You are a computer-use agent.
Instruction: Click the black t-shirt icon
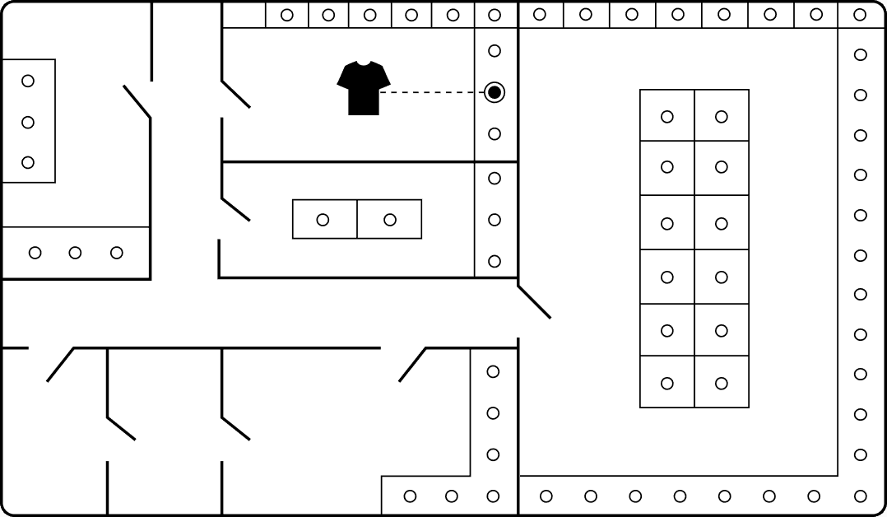[364, 89]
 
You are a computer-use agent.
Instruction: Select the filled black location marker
[495, 92]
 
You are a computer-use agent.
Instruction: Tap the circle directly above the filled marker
[495, 51]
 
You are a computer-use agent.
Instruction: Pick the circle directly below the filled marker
[495, 133]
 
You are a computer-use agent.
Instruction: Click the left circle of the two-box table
[323, 220]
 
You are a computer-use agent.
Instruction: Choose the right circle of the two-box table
[390, 220]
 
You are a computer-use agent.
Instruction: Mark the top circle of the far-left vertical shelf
[28, 81]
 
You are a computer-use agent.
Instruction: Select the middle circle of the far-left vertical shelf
[28, 123]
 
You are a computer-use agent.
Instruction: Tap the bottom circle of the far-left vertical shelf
[28, 162]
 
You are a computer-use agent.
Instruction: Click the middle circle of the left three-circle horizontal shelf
[75, 253]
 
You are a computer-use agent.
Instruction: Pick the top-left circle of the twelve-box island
[667, 117]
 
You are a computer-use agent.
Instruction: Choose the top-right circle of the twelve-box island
[722, 117]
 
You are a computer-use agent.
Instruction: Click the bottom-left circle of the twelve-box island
[667, 383]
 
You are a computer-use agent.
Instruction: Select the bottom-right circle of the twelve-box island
[722, 383]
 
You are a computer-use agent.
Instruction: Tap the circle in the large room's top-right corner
[860, 15]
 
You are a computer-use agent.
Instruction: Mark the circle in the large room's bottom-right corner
[861, 496]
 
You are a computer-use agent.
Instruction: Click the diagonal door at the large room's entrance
[534, 301]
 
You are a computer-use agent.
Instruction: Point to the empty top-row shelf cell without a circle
[244, 15]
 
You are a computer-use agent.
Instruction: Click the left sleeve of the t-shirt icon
[344, 79]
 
